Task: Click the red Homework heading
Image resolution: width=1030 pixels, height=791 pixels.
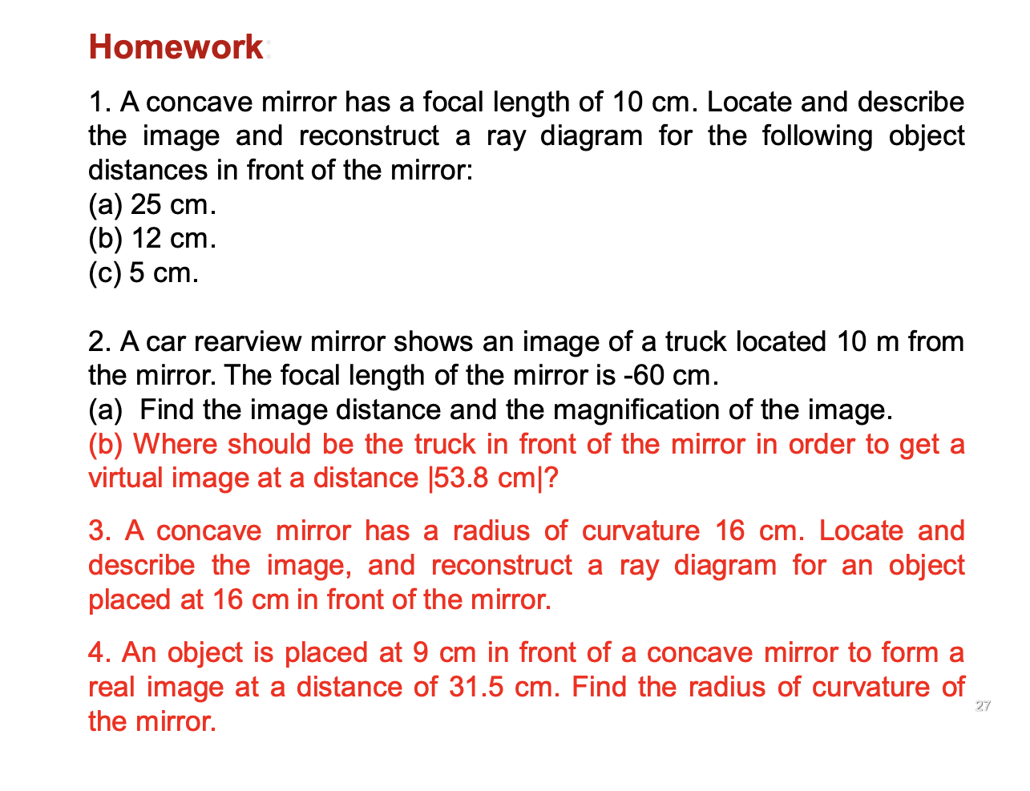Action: [176, 46]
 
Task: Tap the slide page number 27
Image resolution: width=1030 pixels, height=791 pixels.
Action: [983, 706]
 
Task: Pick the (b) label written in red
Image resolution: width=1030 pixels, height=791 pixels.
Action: [105, 444]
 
